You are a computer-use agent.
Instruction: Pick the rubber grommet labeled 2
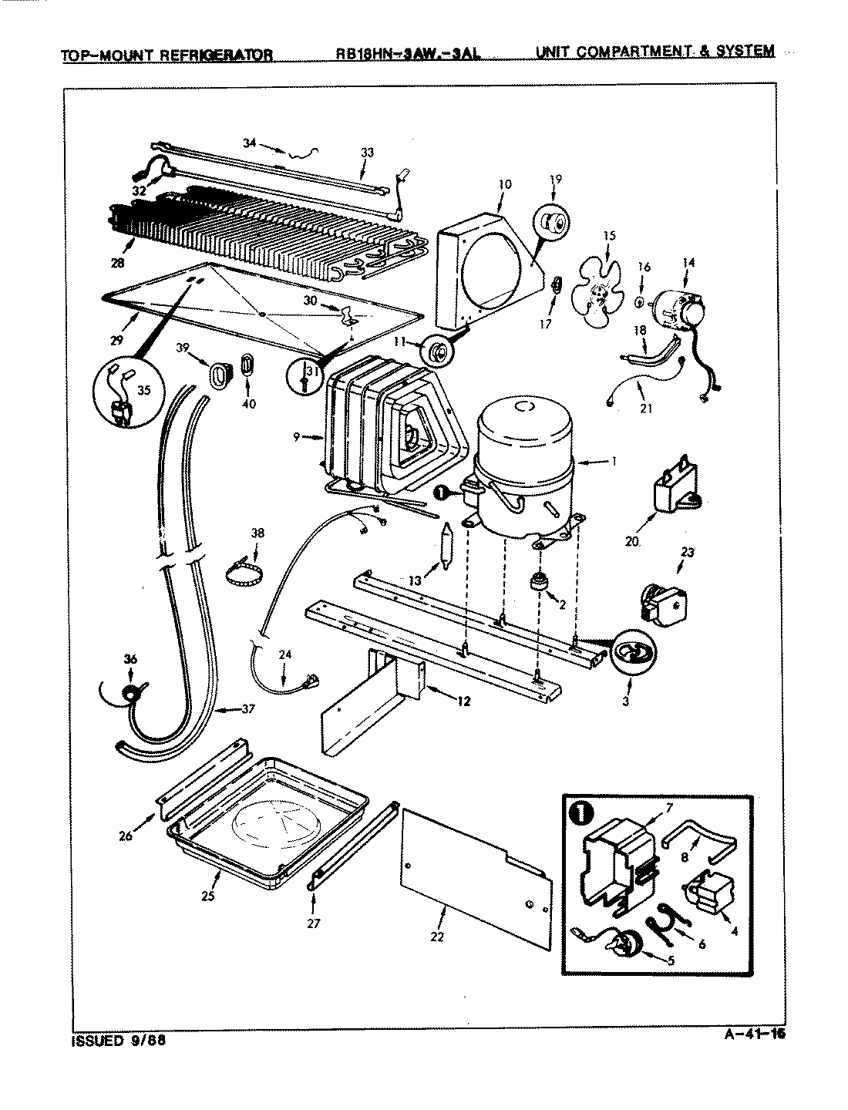533,582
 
